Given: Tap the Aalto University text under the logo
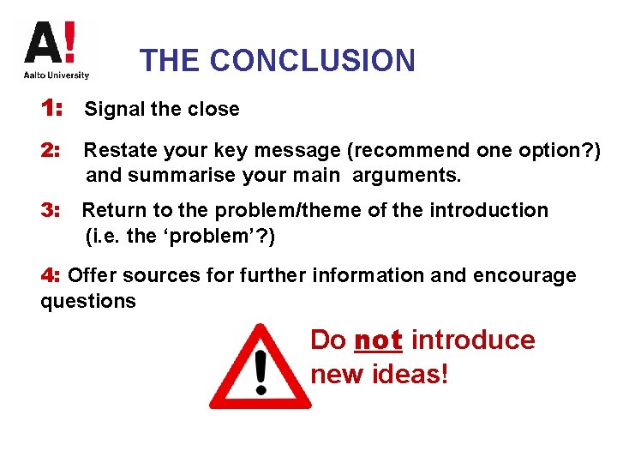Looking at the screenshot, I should click(57, 75).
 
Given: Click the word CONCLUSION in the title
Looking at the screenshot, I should click(312, 61).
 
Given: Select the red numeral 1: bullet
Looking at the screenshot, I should click(51, 109).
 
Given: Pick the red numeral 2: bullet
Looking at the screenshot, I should click(51, 151).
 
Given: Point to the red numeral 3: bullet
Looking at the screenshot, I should click(51, 210).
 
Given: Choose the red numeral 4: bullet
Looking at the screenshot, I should click(51, 275).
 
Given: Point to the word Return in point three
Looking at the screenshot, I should click(111, 210).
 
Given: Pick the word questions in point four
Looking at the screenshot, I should click(88, 302).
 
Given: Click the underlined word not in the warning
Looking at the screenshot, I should click(378, 340).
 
